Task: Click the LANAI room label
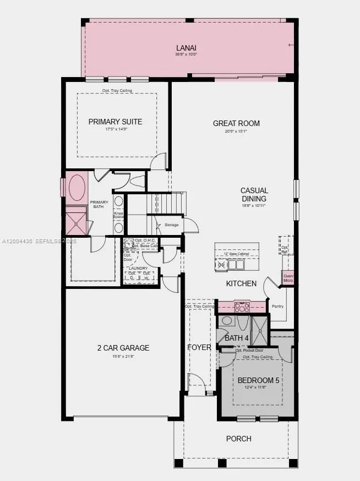[186, 47]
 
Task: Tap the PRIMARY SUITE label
[115, 122]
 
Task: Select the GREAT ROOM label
[236, 123]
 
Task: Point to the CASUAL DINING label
[253, 195]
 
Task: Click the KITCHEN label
[241, 283]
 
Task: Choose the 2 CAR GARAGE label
[123, 348]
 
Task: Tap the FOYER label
[199, 347]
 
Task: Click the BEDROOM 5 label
[258, 380]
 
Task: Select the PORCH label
[238, 439]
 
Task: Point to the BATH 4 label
[236, 338]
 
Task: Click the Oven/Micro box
[288, 278]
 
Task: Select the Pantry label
[278, 306]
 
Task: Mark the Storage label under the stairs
[171, 225]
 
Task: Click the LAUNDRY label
[139, 268]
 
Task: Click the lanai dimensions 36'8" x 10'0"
[186, 54]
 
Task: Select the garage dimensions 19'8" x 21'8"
[123, 356]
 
